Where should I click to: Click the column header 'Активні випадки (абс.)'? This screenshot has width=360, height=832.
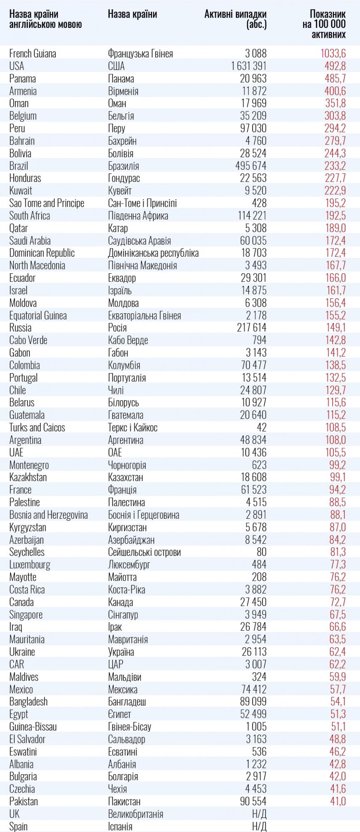point(236,19)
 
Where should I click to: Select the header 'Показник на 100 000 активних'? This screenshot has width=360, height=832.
point(324,24)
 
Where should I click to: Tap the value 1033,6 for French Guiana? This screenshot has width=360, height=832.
point(333,54)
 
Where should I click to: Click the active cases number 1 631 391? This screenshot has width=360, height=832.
point(249,66)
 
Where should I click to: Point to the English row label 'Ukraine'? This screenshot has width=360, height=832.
point(22,652)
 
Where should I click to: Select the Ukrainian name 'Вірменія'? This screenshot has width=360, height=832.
point(123,91)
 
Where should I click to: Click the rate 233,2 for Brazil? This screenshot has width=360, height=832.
point(335,166)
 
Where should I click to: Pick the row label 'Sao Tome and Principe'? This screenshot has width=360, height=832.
point(47,203)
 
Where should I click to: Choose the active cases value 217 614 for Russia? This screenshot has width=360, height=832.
point(252,328)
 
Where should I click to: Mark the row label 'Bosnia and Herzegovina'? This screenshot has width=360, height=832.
point(48,515)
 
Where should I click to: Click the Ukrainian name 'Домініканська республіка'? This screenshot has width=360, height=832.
point(153,253)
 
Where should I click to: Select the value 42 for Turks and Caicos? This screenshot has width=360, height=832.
point(261,428)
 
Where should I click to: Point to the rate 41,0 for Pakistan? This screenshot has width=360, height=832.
point(338,801)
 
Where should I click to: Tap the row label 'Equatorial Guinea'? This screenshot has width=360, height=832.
point(38,315)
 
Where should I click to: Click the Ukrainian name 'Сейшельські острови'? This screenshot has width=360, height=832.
point(144,552)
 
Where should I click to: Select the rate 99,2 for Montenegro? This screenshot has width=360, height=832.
point(338,465)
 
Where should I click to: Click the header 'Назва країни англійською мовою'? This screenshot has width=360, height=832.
point(45,19)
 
